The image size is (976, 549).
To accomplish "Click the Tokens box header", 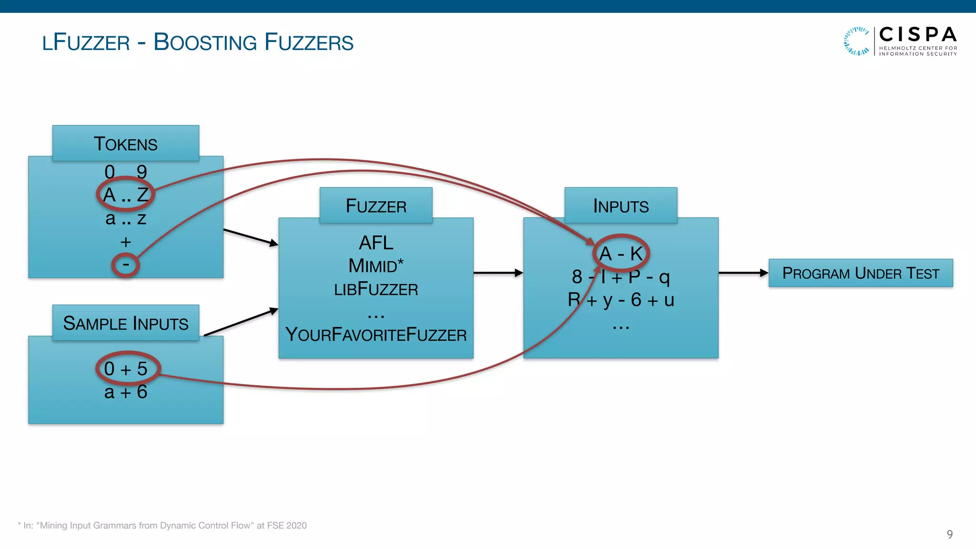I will (x=125, y=143).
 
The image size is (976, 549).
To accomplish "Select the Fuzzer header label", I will (x=376, y=206).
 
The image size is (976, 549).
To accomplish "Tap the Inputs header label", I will (x=620, y=206).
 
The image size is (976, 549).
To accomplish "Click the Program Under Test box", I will (x=860, y=273).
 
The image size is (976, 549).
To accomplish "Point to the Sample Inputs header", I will (x=125, y=323).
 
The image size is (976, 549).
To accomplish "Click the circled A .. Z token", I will (x=125, y=194).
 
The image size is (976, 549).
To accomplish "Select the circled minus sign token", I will (x=125, y=265).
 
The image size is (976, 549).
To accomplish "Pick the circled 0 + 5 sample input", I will (x=126, y=368).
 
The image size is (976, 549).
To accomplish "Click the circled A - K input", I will (x=621, y=254).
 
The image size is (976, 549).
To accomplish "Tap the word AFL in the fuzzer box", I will (x=376, y=243).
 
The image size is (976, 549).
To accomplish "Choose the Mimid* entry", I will (x=376, y=266).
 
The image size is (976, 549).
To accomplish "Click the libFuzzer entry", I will (x=376, y=289).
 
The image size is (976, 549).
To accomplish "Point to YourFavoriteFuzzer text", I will (x=376, y=335).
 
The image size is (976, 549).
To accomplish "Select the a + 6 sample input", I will (x=126, y=392).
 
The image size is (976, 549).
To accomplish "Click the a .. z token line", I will (x=126, y=219).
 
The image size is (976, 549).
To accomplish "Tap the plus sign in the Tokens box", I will (x=126, y=242).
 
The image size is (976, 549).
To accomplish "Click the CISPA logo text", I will (x=917, y=35).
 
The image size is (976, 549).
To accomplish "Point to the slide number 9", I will (x=949, y=534).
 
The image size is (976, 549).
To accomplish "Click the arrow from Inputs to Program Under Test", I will (x=743, y=273).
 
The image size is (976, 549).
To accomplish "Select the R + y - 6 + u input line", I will (x=620, y=300).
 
